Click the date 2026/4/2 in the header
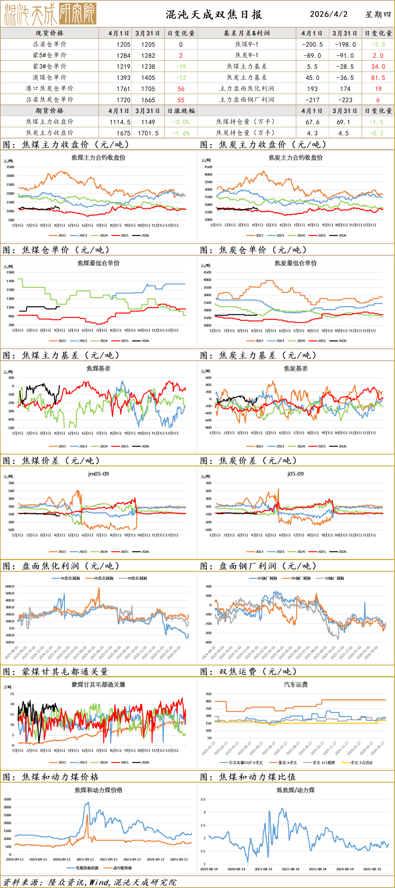click(x=328, y=14)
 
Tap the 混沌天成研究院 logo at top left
click(x=50, y=14)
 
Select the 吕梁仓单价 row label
click(x=50, y=44)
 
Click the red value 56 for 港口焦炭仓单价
click(x=181, y=89)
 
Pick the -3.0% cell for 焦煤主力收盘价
click(x=181, y=122)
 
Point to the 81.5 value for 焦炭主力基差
click(x=378, y=78)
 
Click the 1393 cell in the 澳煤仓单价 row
click(x=123, y=78)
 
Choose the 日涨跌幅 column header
click(x=181, y=111)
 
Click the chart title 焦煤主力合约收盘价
click(x=98, y=158)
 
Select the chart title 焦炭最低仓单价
click(x=296, y=263)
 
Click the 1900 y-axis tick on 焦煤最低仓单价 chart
click(x=10, y=272)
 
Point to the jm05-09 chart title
click(x=98, y=474)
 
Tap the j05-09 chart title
click(x=296, y=474)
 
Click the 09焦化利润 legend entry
click(x=137, y=578)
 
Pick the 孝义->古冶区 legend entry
click(x=361, y=763)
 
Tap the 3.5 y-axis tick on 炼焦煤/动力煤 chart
click(x=203, y=799)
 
